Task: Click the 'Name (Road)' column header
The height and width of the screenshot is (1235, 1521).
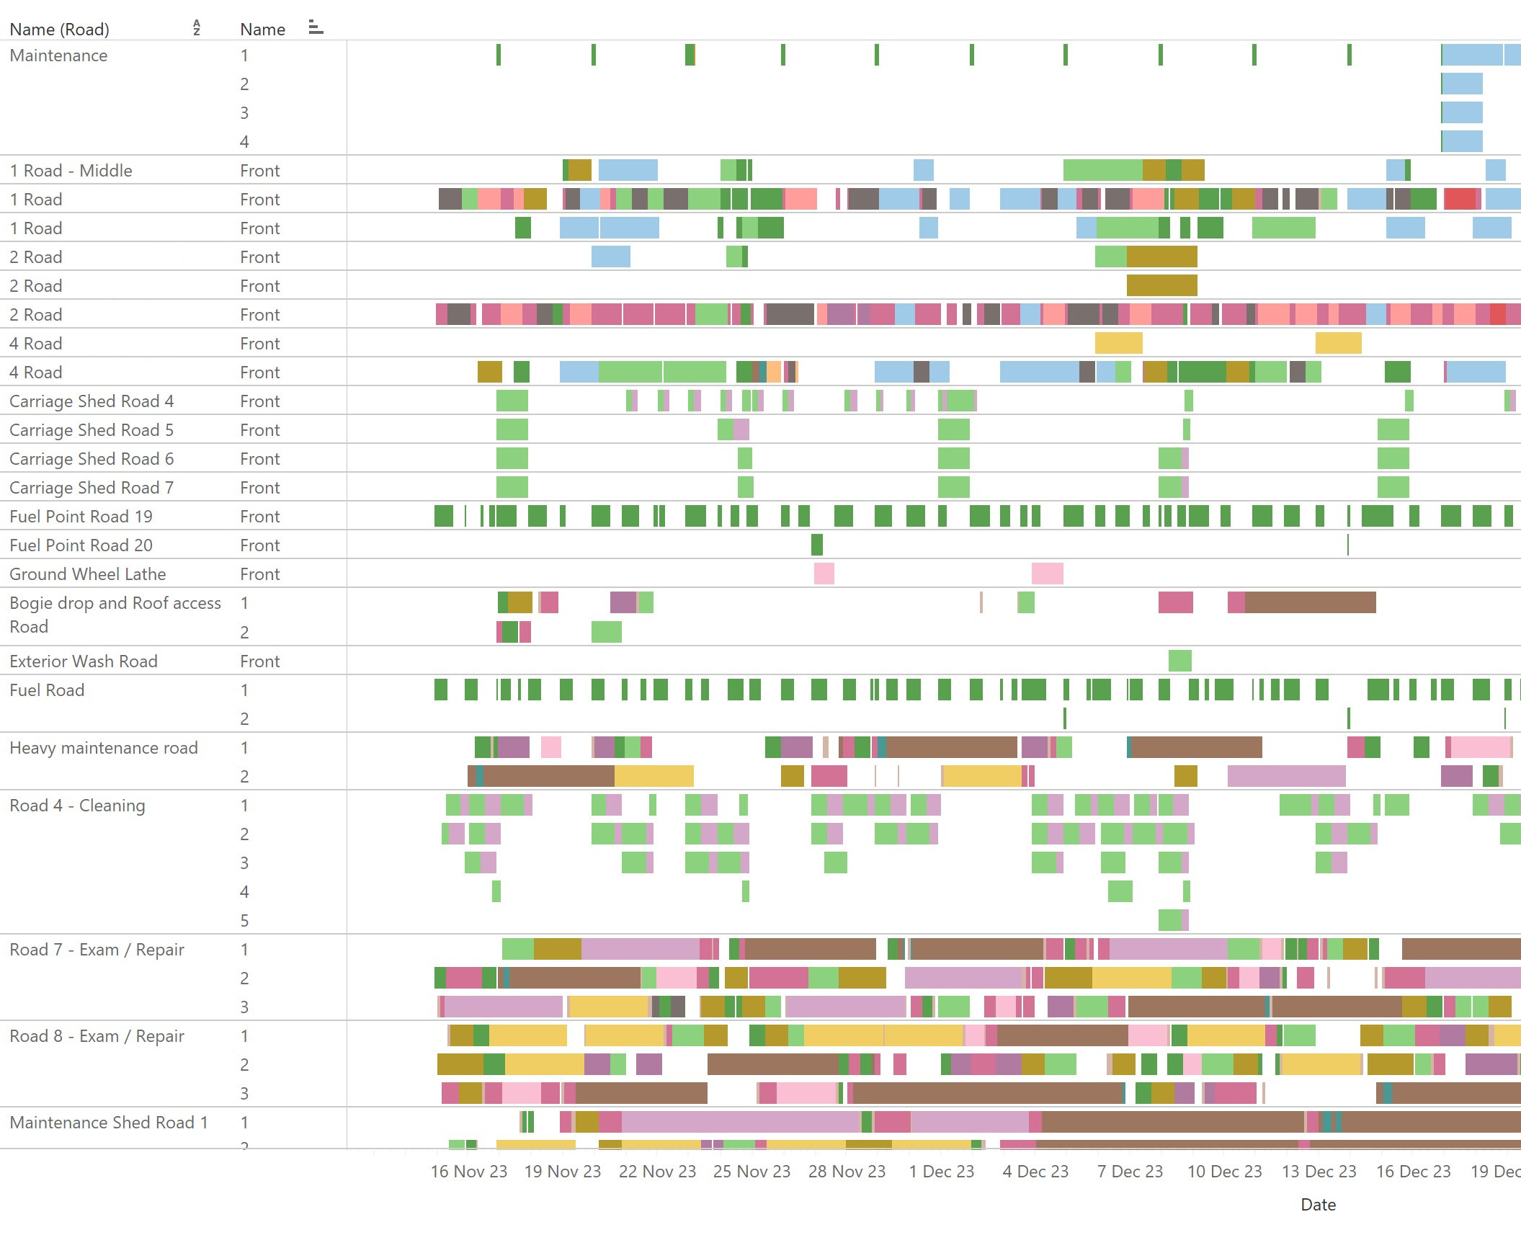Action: click(x=59, y=30)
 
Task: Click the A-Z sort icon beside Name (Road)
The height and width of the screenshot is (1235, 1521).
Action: click(x=197, y=28)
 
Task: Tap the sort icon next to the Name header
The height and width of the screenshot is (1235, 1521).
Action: click(x=316, y=28)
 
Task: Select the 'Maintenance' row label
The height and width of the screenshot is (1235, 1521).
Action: click(x=58, y=55)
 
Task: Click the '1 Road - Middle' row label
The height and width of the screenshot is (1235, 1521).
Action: click(x=71, y=171)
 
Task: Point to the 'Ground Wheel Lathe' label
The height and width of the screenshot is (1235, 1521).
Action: click(x=87, y=574)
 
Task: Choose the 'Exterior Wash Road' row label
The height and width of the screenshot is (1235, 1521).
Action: click(x=83, y=661)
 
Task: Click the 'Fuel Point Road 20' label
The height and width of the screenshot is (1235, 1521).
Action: click(x=81, y=545)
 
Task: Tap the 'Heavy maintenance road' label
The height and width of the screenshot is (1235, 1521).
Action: click(x=103, y=748)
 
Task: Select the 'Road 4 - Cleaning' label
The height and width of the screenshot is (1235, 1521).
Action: click(x=77, y=806)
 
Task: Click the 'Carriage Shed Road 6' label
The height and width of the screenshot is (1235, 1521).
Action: click(x=92, y=459)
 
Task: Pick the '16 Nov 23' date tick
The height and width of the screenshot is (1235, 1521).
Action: click(x=469, y=1172)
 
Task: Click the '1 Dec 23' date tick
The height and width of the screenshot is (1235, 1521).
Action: click(x=941, y=1172)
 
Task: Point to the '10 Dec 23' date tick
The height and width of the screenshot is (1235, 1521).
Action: click(x=1224, y=1172)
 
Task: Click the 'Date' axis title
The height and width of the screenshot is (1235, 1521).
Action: click(x=1318, y=1205)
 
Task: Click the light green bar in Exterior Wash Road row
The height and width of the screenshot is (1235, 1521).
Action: click(x=1179, y=661)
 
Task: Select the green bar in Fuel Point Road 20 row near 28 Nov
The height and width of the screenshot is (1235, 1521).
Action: click(x=816, y=545)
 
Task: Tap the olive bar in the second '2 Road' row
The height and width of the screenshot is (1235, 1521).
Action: click(x=1161, y=285)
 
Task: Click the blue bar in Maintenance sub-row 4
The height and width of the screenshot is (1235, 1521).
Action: click(x=1462, y=141)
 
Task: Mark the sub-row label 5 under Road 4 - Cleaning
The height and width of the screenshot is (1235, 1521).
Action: click(x=244, y=921)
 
